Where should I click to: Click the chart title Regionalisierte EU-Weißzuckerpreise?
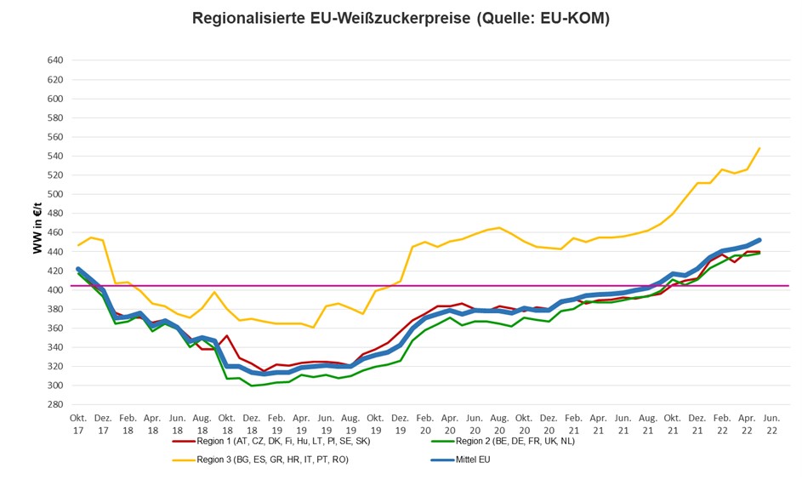point(401,19)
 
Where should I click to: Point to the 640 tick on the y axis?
point(55,60)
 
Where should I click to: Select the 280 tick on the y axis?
point(55,405)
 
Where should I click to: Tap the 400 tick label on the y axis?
point(55,290)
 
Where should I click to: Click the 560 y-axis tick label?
point(55,137)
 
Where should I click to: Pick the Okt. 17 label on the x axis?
point(78,424)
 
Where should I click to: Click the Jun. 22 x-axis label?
point(771,424)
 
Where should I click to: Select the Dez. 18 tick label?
point(252,424)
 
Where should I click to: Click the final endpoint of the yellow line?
point(759,148)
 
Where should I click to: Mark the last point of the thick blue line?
point(759,240)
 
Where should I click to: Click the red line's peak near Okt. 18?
point(227,335)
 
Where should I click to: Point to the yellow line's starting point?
point(79,245)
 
